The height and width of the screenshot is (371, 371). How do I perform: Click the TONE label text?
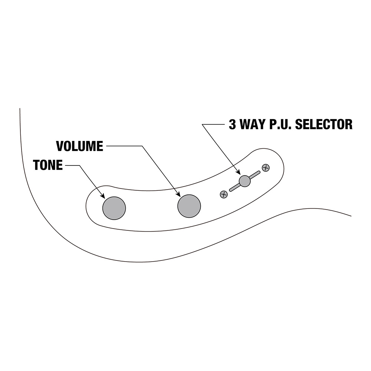pyautogui.click(x=48, y=165)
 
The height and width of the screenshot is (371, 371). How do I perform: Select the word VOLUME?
pyautogui.click(x=79, y=146)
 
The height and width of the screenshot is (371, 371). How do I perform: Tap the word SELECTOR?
pyautogui.click(x=324, y=124)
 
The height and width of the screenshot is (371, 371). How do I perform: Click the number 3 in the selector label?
pyautogui.click(x=232, y=124)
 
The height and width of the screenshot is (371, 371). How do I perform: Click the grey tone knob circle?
pyautogui.click(x=114, y=208)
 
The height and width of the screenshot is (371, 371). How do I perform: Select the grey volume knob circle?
pyautogui.click(x=189, y=206)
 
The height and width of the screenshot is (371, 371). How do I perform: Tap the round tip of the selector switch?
pyautogui.click(x=244, y=181)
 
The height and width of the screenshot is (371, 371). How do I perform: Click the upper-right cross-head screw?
pyautogui.click(x=266, y=168)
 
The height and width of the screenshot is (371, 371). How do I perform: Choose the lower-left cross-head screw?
pyautogui.click(x=224, y=194)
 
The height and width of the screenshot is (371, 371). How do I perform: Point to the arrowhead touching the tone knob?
pyautogui.click(x=103, y=196)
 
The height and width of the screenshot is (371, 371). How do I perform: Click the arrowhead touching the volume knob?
pyautogui.click(x=178, y=194)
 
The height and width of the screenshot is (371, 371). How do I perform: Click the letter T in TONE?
pyautogui.click(x=37, y=165)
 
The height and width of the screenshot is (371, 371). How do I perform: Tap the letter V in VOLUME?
pyautogui.click(x=60, y=146)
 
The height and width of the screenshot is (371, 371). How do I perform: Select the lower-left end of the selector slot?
pyautogui.click(x=230, y=190)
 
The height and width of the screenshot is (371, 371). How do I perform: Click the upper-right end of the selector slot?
pyautogui.click(x=259, y=172)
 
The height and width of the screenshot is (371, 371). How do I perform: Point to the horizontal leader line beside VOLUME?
pyautogui.click(x=124, y=146)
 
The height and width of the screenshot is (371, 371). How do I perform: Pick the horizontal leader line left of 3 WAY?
pyautogui.click(x=213, y=124)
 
